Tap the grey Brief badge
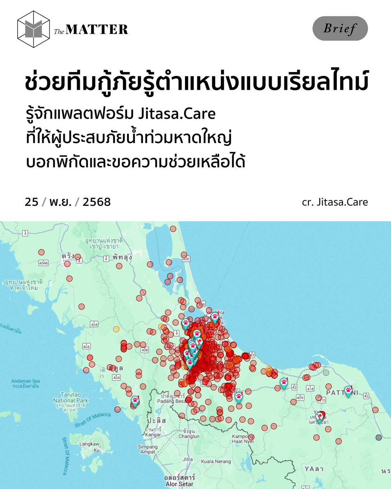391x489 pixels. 340,29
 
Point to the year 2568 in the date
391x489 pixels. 97,202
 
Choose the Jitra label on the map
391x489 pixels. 188,459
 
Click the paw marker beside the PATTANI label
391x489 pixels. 348,390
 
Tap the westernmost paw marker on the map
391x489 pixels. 135,401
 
